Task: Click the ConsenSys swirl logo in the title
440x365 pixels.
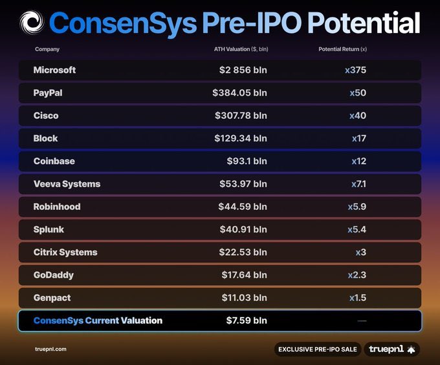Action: point(31,23)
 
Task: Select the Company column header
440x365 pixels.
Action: point(47,49)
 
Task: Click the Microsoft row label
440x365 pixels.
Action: point(54,70)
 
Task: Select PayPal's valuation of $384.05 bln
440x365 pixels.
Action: point(239,93)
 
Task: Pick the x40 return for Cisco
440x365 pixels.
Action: point(358,116)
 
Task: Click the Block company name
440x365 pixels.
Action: point(45,138)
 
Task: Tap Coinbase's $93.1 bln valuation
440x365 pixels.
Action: point(243,161)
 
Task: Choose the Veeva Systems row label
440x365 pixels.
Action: point(67,184)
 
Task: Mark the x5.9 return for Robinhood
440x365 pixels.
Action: point(357,207)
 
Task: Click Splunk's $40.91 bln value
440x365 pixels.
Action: point(242,229)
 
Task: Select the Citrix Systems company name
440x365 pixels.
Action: point(65,252)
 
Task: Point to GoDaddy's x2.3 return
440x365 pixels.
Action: point(357,275)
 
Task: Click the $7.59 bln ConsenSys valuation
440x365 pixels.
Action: point(246,320)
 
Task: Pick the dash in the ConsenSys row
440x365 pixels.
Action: point(362,321)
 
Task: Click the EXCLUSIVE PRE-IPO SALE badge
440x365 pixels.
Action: point(317,349)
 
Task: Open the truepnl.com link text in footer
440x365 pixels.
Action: point(50,349)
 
